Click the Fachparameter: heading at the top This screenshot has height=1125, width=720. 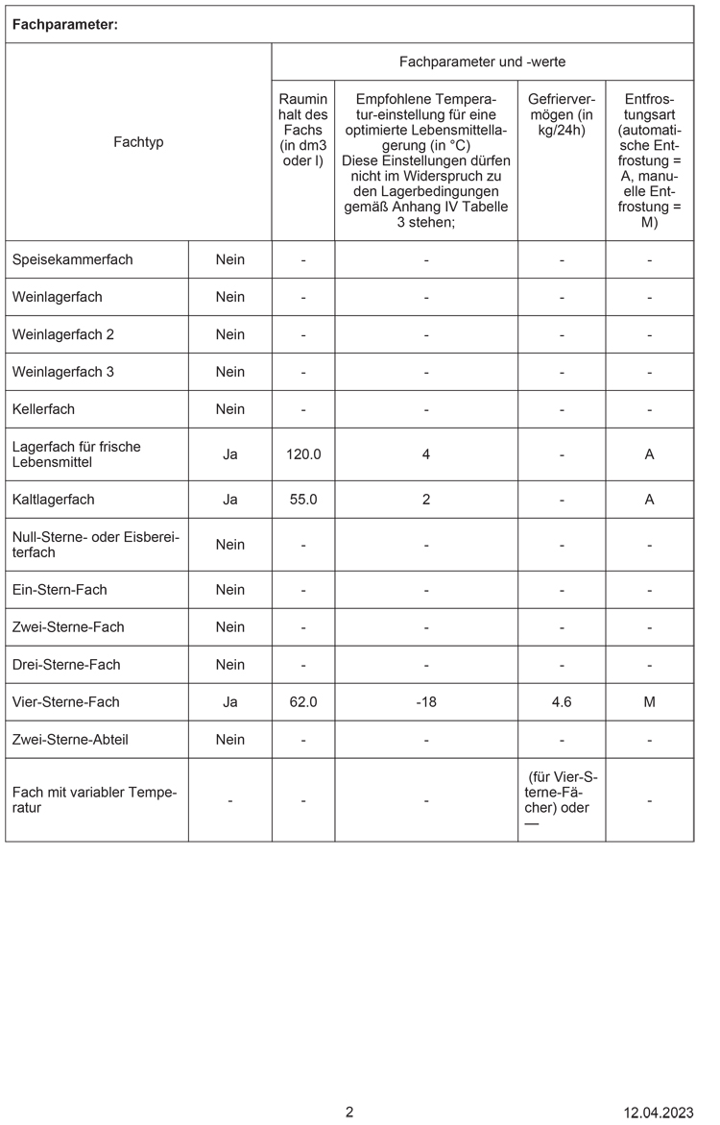pyautogui.click(x=64, y=25)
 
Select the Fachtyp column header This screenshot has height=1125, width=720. pyautogui.click(x=138, y=142)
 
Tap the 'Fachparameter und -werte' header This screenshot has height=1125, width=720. pyautogui.click(x=482, y=61)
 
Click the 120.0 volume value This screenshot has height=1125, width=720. pyautogui.click(x=303, y=454)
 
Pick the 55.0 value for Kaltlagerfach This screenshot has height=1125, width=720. pyautogui.click(x=303, y=500)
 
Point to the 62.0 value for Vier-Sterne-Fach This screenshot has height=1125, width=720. pyautogui.click(x=303, y=702)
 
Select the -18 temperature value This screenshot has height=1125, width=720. pyautogui.click(x=426, y=702)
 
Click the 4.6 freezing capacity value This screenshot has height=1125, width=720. pyautogui.click(x=562, y=702)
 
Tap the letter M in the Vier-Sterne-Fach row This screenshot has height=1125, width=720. pyautogui.click(x=649, y=702)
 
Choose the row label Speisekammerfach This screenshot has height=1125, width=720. pyautogui.click(x=73, y=259)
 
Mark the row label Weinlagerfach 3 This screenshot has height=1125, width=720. pyautogui.click(x=63, y=372)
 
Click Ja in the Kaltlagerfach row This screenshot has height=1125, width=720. pyautogui.click(x=230, y=500)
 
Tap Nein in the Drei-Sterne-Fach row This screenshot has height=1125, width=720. pyautogui.click(x=230, y=665)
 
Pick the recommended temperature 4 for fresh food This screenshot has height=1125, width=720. pyautogui.click(x=426, y=454)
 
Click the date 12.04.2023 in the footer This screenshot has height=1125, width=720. pyautogui.click(x=658, y=1113)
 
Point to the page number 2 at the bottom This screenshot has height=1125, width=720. pyautogui.click(x=349, y=1113)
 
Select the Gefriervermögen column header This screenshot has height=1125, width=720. pyautogui.click(x=562, y=114)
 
